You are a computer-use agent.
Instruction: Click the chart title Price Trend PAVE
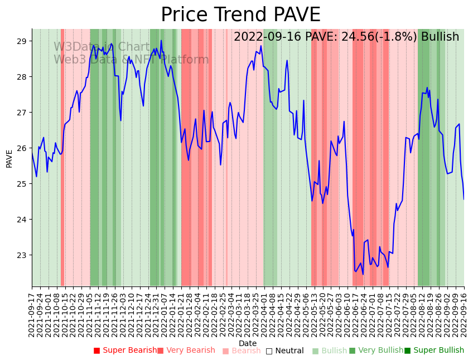click(240, 15)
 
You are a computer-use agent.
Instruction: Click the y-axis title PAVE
click(9, 158)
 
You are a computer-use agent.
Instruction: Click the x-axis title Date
click(248, 343)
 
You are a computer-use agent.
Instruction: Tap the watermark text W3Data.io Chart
click(102, 47)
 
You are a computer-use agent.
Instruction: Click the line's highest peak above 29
click(161, 40)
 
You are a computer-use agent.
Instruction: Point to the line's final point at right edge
click(464, 199)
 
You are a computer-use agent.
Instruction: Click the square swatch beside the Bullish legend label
click(315, 351)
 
